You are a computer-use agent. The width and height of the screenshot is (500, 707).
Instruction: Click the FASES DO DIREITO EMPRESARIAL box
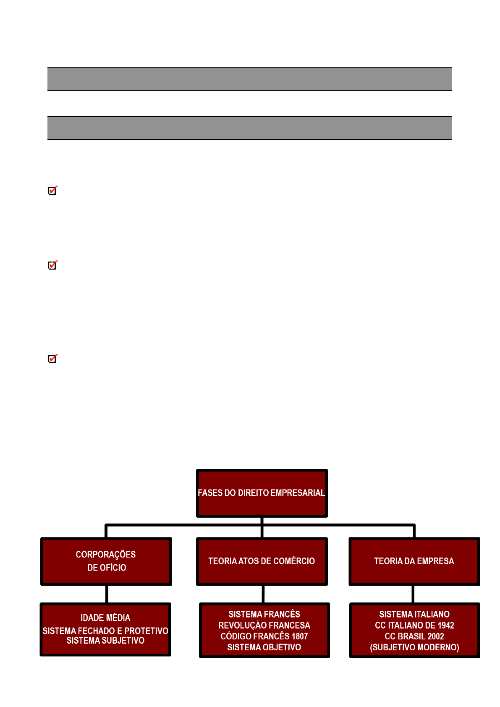(262, 493)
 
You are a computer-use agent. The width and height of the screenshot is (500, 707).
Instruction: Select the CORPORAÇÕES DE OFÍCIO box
(106, 561)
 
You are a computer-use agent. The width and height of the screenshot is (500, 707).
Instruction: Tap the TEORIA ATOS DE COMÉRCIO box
(262, 561)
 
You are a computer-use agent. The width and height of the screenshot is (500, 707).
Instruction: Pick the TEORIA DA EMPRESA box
(414, 561)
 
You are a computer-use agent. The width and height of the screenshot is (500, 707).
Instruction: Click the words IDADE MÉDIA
(105, 617)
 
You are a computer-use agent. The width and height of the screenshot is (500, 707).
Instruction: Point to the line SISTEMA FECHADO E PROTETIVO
(105, 631)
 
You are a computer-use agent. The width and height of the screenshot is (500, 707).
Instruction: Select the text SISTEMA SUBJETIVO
(105, 640)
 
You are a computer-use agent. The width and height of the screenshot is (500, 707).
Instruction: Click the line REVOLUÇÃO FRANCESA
(264, 625)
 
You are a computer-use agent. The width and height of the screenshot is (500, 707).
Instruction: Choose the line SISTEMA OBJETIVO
(264, 647)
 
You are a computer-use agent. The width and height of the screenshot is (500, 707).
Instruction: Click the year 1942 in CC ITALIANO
(445, 625)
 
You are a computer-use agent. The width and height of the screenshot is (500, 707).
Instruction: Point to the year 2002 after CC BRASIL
(436, 636)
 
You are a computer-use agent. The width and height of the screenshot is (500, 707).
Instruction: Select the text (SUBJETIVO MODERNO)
(414, 647)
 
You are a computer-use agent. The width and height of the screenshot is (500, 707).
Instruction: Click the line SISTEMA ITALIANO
(414, 614)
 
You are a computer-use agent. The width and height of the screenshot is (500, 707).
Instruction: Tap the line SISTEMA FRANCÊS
(264, 614)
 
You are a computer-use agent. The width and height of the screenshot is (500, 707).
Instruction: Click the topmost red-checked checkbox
(52, 190)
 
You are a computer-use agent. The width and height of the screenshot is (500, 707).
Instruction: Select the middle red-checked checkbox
(52, 265)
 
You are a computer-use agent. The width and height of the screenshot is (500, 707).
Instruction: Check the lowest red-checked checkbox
(52, 359)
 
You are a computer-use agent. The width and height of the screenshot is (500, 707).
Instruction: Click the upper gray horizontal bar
(250, 79)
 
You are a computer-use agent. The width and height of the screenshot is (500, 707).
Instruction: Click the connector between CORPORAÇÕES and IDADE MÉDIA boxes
(107, 594)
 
